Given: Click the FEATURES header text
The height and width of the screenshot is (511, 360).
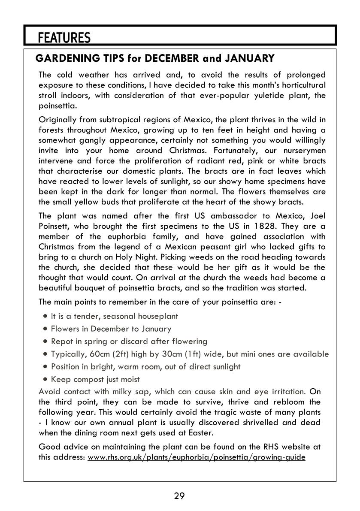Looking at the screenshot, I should point(64,38).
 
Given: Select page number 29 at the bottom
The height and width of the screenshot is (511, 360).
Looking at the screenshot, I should point(179,496).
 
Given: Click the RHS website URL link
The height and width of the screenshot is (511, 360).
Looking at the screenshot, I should point(196,457).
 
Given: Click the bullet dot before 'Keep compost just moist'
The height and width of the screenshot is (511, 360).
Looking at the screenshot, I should point(45,379).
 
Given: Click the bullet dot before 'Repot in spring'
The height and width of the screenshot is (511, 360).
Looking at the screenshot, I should point(45,342).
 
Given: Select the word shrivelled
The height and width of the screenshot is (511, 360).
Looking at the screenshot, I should point(266,422).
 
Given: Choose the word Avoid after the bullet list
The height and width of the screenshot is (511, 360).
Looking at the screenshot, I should point(49,391).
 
